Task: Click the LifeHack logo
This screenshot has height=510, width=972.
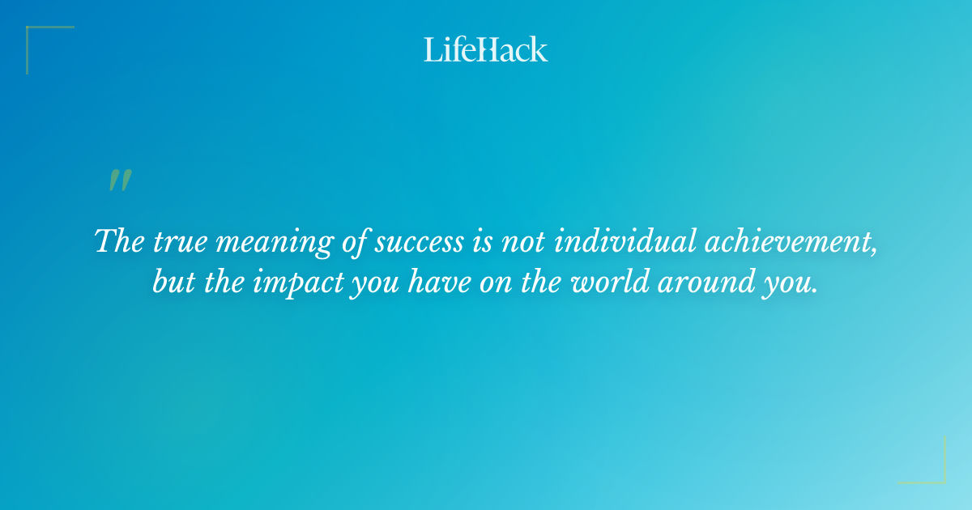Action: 486,49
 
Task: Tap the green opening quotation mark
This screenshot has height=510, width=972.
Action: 120,181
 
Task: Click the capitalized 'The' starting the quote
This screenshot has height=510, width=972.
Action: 115,241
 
